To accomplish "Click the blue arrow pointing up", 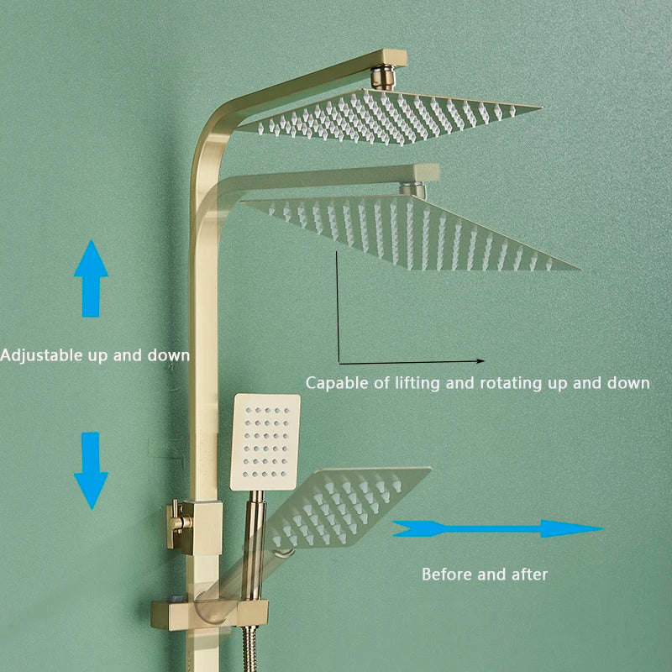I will [x=91, y=277].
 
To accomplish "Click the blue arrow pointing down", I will [x=91, y=470].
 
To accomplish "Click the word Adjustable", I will [x=41, y=355].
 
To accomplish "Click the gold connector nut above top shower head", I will [x=386, y=76].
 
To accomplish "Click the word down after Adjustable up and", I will [x=169, y=355].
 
